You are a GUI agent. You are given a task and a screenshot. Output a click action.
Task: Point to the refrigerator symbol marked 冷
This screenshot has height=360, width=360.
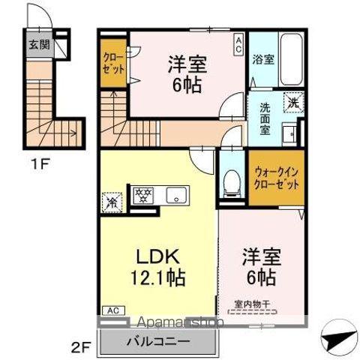pos(110,201)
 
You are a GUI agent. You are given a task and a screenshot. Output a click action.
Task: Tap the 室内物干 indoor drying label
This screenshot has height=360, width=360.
pos(256,304)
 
